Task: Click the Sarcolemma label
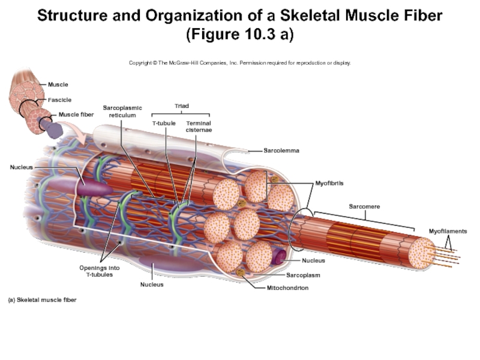[281, 151]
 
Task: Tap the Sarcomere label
[364, 206]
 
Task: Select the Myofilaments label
[448, 231]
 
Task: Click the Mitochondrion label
[287, 288]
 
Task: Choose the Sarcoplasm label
[302, 275]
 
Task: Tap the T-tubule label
[163, 124]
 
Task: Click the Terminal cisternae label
[198, 127]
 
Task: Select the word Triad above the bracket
[181, 106]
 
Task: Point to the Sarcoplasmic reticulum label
[122, 111]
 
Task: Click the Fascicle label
[60, 100]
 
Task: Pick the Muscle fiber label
[76, 114]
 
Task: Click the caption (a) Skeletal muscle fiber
[42, 299]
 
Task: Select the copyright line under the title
[240, 62]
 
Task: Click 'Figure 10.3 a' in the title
[240, 34]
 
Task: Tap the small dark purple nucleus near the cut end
[278, 257]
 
